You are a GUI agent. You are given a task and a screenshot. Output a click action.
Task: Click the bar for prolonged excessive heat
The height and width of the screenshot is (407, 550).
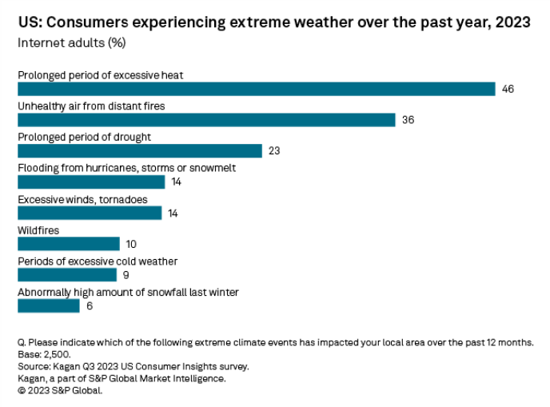pyautogui.click(x=256, y=89)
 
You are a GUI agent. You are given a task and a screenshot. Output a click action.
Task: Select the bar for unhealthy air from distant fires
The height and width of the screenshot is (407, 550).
pyautogui.click(x=206, y=120)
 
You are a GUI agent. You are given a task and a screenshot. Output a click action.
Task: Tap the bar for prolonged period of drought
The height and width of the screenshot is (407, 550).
pyautogui.click(x=140, y=151)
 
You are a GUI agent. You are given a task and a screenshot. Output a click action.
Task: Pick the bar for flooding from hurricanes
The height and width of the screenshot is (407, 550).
pyautogui.click(x=91, y=182)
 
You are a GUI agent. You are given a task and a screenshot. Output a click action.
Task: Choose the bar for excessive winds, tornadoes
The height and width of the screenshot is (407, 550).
pyautogui.click(x=90, y=213)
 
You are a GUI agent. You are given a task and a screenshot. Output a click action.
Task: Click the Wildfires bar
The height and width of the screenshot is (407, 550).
pyautogui.click(x=69, y=244)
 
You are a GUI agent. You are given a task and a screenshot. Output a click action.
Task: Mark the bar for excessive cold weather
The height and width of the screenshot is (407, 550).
pyautogui.click(x=67, y=274)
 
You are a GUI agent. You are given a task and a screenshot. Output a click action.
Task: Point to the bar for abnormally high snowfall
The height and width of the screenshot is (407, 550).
pyautogui.click(x=49, y=305)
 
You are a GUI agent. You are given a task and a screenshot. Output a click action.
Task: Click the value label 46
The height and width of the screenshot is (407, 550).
pyautogui.click(x=508, y=89)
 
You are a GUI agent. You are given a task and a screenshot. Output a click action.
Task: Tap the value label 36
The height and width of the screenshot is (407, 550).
pyautogui.click(x=408, y=120)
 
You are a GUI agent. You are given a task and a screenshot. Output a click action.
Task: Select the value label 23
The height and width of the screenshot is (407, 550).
pyautogui.click(x=274, y=151)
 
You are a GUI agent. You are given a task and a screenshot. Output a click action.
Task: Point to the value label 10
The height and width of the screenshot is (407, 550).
pyautogui.click(x=132, y=244)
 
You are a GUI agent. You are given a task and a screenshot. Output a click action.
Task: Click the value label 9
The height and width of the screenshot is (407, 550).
pyautogui.click(x=126, y=274)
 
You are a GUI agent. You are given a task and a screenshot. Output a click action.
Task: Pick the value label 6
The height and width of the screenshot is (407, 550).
pyautogui.click(x=89, y=305)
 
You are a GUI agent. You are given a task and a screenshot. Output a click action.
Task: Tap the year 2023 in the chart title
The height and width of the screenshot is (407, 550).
pyautogui.click(x=512, y=22)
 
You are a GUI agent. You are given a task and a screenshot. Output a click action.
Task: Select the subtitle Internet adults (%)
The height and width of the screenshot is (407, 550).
pyautogui.click(x=71, y=42)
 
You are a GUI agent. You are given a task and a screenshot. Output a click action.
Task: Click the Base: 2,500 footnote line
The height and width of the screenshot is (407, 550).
pyautogui.click(x=45, y=354)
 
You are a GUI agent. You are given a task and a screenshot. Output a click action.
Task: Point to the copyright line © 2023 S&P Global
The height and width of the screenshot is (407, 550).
pyautogui.click(x=60, y=391)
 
